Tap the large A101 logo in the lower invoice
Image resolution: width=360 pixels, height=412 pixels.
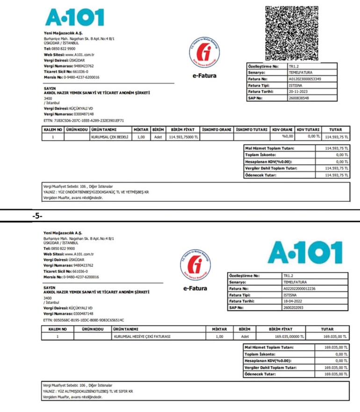tap(304, 253)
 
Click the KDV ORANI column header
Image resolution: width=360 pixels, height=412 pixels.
tap(282, 129)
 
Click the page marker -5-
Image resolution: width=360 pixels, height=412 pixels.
tap(38, 216)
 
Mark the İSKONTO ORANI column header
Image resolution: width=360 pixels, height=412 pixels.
tap(217, 129)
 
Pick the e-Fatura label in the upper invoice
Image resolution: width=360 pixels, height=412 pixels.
tap(204, 75)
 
